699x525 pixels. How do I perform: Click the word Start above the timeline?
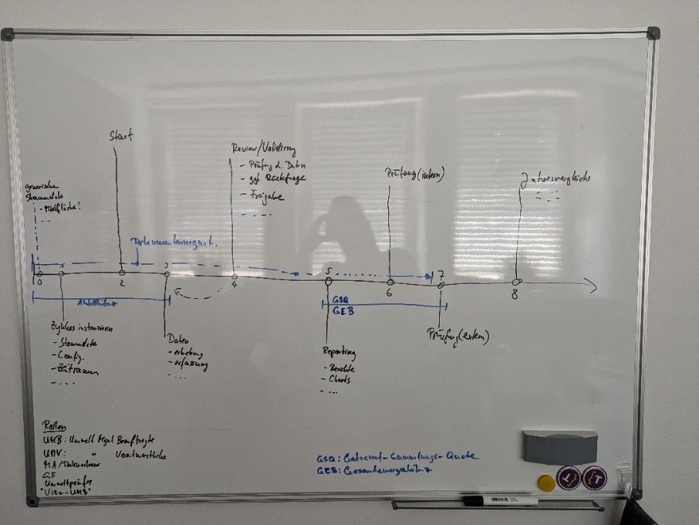pyautogui.click(x=121, y=136)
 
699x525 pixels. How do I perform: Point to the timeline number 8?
pyautogui.click(x=515, y=294)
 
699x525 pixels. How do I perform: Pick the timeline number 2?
pyautogui.click(x=122, y=282)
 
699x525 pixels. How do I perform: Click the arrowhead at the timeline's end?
pyautogui.click(x=590, y=286)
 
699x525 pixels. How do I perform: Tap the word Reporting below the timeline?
pyautogui.click(x=339, y=352)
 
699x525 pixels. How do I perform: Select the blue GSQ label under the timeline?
pyautogui.click(x=342, y=301)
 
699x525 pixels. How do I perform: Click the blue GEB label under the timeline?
pyautogui.click(x=343, y=311)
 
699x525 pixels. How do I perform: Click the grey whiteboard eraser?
pyautogui.click(x=560, y=447)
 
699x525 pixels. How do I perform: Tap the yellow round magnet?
pyautogui.click(x=545, y=481)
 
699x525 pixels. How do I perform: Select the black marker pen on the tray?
pyautogui.click(x=501, y=500)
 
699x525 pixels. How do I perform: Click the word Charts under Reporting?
pyautogui.click(x=340, y=379)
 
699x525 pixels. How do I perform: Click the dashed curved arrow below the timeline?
pyautogui.click(x=197, y=294)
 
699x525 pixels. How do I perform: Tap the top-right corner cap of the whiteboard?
pyautogui.click(x=653, y=33)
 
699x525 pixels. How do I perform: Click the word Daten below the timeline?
pyautogui.click(x=177, y=340)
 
